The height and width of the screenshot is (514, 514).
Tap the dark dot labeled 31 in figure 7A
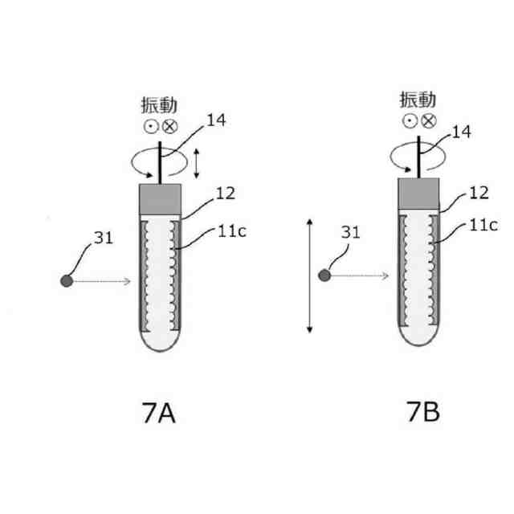(67, 280)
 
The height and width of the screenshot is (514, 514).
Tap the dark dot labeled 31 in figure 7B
(325, 275)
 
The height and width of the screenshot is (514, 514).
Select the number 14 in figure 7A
(216, 121)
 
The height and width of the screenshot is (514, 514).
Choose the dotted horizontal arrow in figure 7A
(100, 281)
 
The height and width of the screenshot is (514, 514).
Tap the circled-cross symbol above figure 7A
(169, 126)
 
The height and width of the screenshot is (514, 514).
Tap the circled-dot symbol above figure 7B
(409, 120)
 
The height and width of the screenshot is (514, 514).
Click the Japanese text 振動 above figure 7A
(159, 106)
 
